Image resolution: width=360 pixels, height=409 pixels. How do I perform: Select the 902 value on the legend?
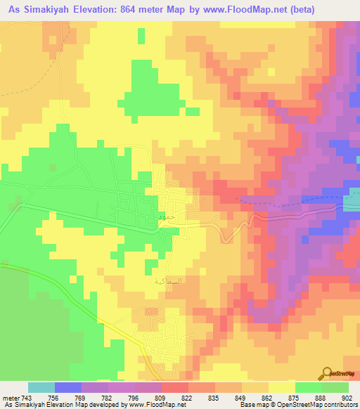click(x=348, y=398)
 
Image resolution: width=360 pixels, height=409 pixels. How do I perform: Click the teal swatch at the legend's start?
click(x=41, y=387)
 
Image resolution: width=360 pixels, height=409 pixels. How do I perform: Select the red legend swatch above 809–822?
click(x=174, y=387)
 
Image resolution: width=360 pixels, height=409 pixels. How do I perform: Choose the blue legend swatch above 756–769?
click(x=68, y=387)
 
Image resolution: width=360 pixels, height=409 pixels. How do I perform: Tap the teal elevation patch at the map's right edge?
click(x=351, y=204)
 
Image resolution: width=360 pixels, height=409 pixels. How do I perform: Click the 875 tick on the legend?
click(x=295, y=398)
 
